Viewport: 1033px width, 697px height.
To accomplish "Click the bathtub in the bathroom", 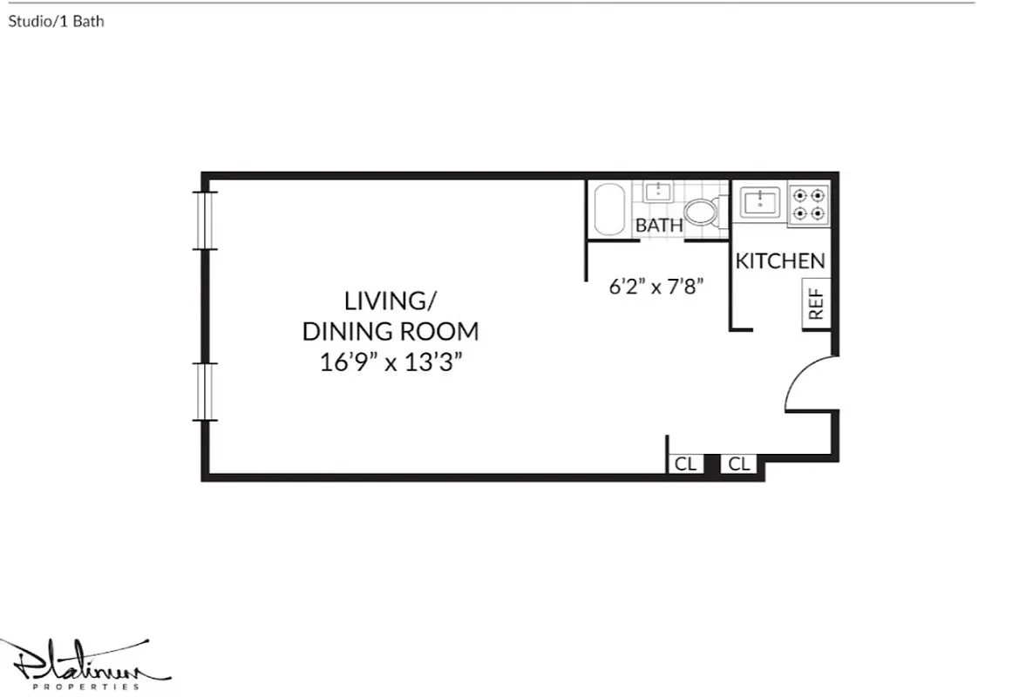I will pyautogui.click(x=609, y=210).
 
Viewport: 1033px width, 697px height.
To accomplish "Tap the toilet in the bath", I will pyautogui.click(x=703, y=211).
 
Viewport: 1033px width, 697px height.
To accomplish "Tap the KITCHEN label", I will pyautogui.click(x=780, y=261).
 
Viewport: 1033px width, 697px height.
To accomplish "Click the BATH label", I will pyautogui.click(x=659, y=226).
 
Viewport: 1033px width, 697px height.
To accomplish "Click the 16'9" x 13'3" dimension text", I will pyautogui.click(x=390, y=362).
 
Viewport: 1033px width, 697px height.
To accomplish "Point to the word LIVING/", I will pyautogui.click(x=390, y=301).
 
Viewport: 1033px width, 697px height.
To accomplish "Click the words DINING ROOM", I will pyautogui.click(x=390, y=331).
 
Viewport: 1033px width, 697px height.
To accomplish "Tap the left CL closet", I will pyautogui.click(x=685, y=464).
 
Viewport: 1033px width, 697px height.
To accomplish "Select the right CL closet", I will pyautogui.click(x=739, y=464).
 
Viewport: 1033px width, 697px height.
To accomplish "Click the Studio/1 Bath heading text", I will pyautogui.click(x=56, y=22).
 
